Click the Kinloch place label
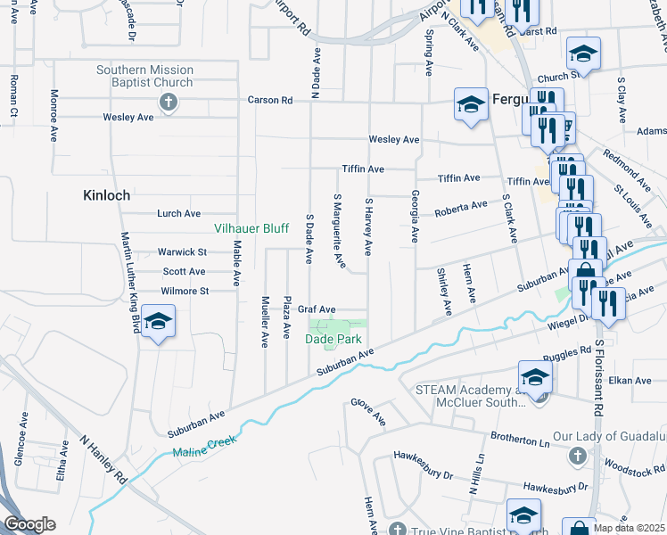tap(106, 194)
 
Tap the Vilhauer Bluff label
tap(251, 228)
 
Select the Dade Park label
tap(333, 339)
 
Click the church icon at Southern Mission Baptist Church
tap(166, 102)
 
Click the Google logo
tap(29, 525)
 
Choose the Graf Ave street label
tap(316, 309)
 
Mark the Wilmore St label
tap(185, 291)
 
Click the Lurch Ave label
tap(178, 214)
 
